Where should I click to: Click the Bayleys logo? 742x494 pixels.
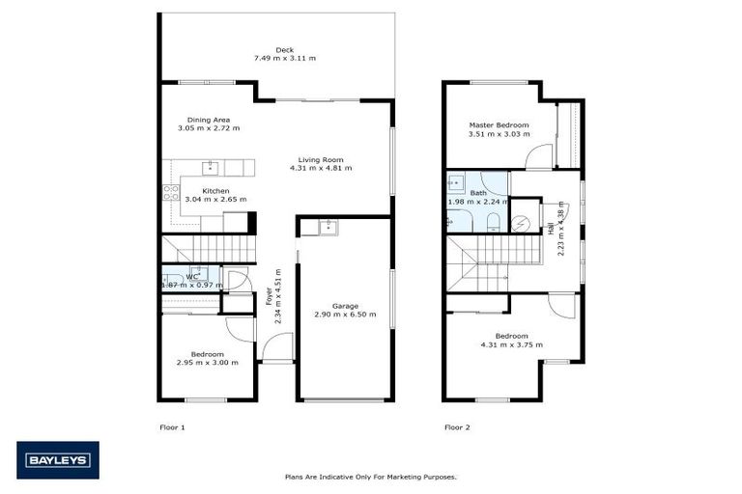(57, 460)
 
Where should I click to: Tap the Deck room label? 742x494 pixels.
(284, 50)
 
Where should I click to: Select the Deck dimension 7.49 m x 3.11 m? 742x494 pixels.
(284, 59)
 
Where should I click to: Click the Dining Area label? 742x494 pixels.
(208, 120)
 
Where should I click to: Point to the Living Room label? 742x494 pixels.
(321, 159)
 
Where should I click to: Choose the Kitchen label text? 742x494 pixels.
(215, 191)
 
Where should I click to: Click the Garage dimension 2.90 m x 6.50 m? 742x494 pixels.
(345, 315)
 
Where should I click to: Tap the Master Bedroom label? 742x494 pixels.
(499, 124)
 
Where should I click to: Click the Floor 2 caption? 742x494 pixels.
(457, 425)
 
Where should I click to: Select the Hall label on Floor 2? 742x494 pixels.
(551, 230)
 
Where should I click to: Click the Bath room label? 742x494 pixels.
(478, 193)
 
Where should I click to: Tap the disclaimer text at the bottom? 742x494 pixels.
(370, 477)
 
